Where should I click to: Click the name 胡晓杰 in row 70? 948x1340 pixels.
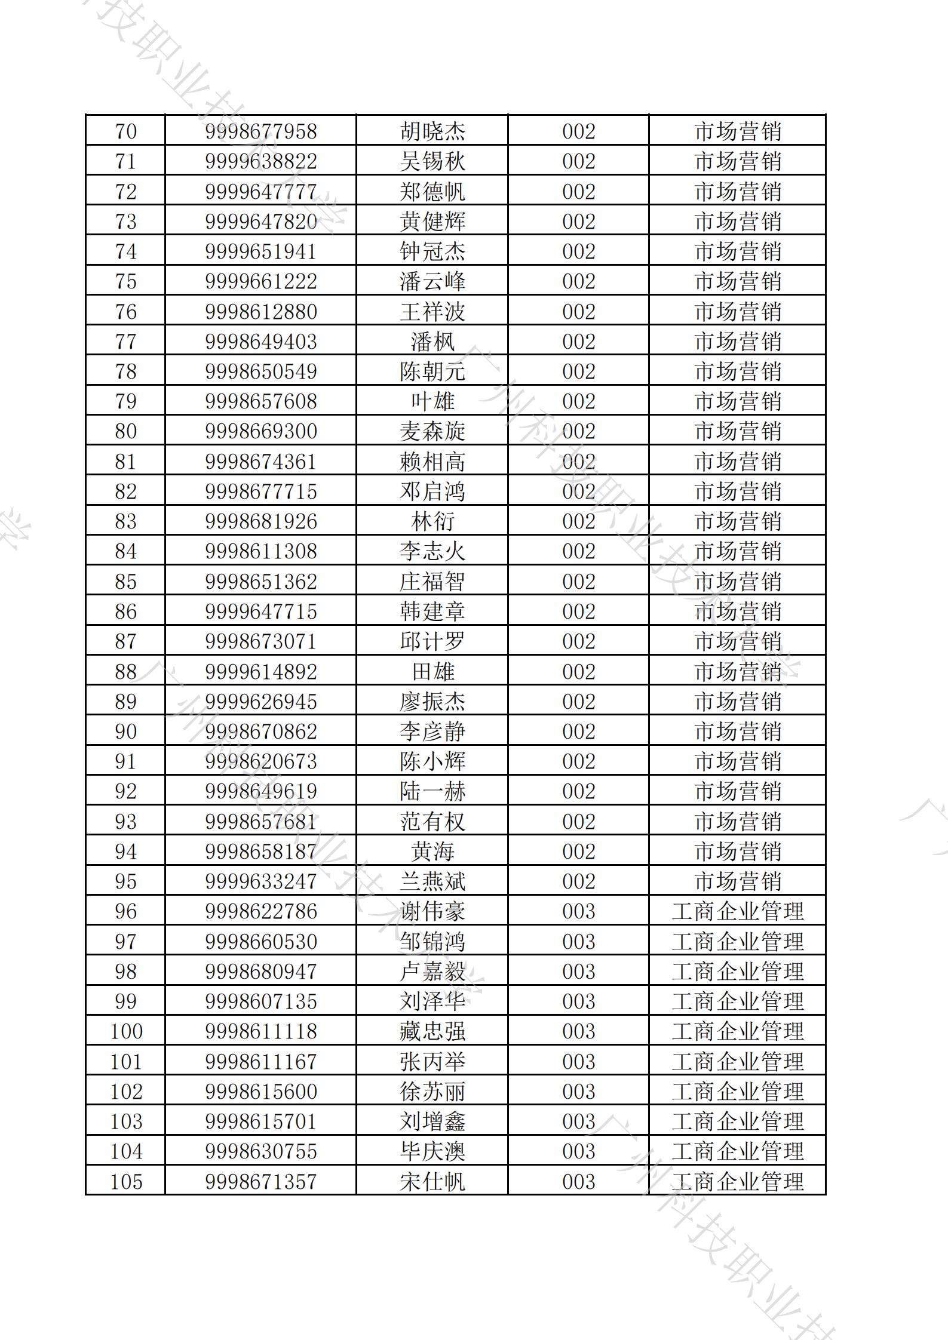coord(432,131)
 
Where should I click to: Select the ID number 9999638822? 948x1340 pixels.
coord(260,161)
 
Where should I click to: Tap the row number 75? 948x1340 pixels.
coord(125,281)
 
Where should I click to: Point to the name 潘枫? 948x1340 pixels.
coord(432,342)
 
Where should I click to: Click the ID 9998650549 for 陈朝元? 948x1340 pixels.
coord(260,371)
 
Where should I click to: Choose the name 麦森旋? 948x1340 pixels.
coord(432,431)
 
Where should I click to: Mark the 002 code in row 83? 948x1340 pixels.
coord(578,521)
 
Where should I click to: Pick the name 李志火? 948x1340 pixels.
coord(432,551)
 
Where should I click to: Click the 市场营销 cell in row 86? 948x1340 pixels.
coord(738,611)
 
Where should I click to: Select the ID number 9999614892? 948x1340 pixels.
coord(260,672)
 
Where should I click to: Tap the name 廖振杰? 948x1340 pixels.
coord(432,702)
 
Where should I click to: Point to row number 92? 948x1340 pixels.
coord(125,791)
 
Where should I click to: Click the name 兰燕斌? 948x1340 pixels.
coord(432,881)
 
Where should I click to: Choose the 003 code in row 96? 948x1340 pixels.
coord(578,911)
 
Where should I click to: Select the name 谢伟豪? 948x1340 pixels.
coord(432,911)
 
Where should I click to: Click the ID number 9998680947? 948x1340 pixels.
coord(260,972)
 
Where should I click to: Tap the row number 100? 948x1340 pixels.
coord(125,1031)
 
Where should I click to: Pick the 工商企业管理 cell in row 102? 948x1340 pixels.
coord(738,1092)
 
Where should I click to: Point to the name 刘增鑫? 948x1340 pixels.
coord(432,1121)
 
